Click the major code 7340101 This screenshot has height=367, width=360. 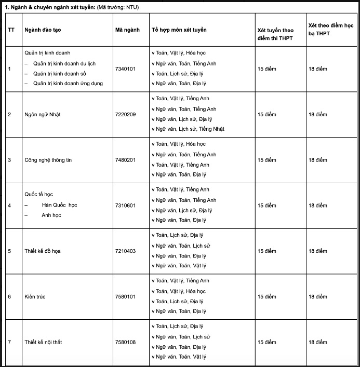[125, 69]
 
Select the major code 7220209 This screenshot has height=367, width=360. [125, 114]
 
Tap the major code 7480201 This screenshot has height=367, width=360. [125, 160]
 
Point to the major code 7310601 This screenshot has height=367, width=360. [125, 206]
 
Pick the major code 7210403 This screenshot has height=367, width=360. [125, 251]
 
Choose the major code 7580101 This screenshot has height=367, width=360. [125, 297]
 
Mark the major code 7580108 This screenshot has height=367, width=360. [125, 343]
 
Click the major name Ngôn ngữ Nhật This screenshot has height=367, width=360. [43, 114]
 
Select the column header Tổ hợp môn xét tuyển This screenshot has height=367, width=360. [179, 30]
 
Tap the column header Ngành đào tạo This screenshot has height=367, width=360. [43, 30]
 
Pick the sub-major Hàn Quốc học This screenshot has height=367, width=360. [60, 205]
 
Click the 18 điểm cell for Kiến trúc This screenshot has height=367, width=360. [318, 297]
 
